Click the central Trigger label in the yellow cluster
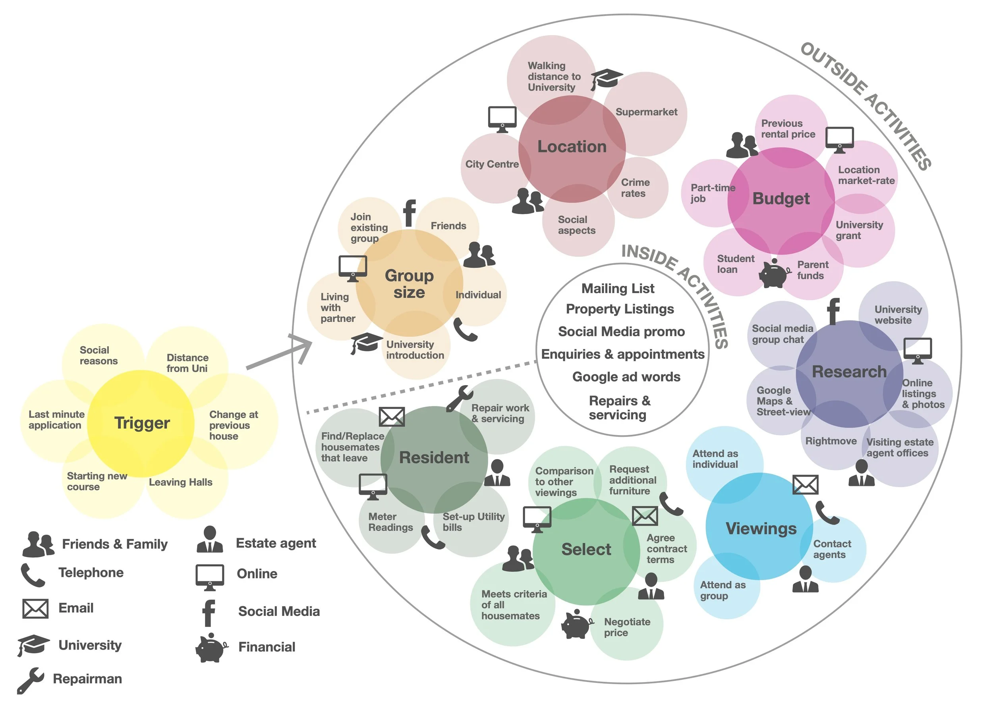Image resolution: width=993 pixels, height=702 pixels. tap(142, 423)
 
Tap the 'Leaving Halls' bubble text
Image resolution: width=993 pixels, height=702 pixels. tap(180, 482)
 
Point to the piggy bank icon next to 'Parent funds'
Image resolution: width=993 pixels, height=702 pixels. tap(774, 274)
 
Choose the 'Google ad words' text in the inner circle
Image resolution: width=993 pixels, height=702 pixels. tap(626, 377)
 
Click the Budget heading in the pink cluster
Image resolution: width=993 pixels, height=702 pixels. tap(780, 199)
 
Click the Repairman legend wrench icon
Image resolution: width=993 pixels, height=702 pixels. tap(30, 680)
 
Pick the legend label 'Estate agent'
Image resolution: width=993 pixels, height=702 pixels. tap(276, 543)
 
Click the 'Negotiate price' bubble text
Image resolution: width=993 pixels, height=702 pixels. tap(627, 627)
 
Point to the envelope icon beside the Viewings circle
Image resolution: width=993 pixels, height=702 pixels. tap(805, 484)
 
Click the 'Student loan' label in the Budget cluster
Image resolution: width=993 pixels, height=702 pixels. tap(735, 264)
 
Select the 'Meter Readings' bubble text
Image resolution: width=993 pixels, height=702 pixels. tap(390, 522)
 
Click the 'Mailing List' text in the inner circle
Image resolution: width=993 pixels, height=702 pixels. tap(618, 288)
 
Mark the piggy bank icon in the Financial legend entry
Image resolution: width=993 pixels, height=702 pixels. tap(211, 648)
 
